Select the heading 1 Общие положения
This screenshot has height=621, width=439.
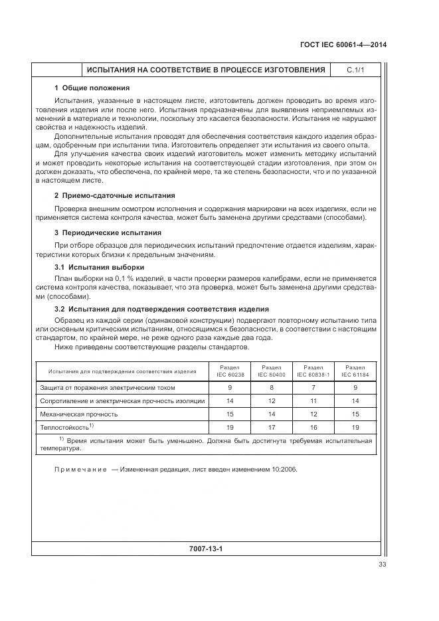92,88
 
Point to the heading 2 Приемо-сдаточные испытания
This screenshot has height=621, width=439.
114,196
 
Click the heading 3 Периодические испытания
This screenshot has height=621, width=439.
108,233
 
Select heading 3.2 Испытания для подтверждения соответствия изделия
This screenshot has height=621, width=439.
161,309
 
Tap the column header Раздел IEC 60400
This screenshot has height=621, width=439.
271,371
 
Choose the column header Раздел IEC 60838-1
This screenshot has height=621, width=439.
313,371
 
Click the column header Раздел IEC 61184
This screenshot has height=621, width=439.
355,371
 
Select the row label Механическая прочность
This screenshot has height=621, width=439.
79,414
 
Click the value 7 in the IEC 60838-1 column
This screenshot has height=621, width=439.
313,387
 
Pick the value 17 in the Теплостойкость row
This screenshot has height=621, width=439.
271,427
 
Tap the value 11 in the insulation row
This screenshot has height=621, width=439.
313,400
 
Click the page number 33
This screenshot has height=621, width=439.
382,565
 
